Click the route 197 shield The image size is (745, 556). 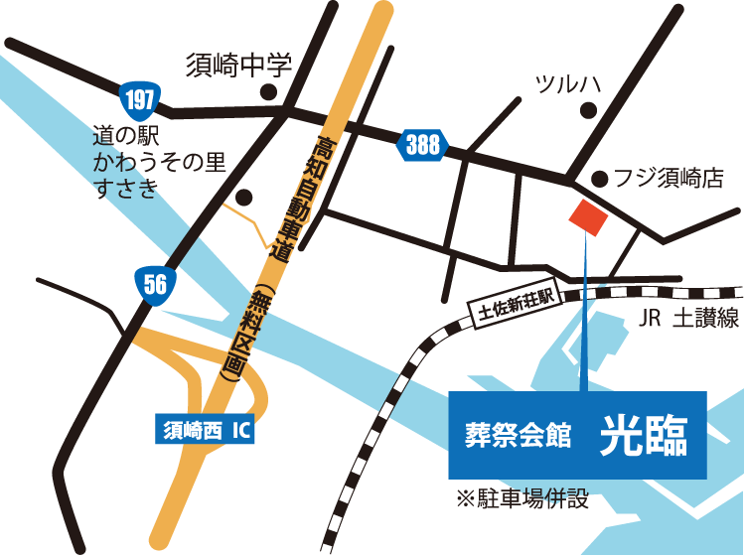(137, 99)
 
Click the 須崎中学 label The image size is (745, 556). (238, 67)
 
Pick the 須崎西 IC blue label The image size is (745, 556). (204, 431)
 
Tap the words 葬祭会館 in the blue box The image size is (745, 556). (518, 437)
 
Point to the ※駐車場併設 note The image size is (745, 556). (522, 498)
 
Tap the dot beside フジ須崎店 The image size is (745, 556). (599, 179)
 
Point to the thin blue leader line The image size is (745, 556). (585, 318)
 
